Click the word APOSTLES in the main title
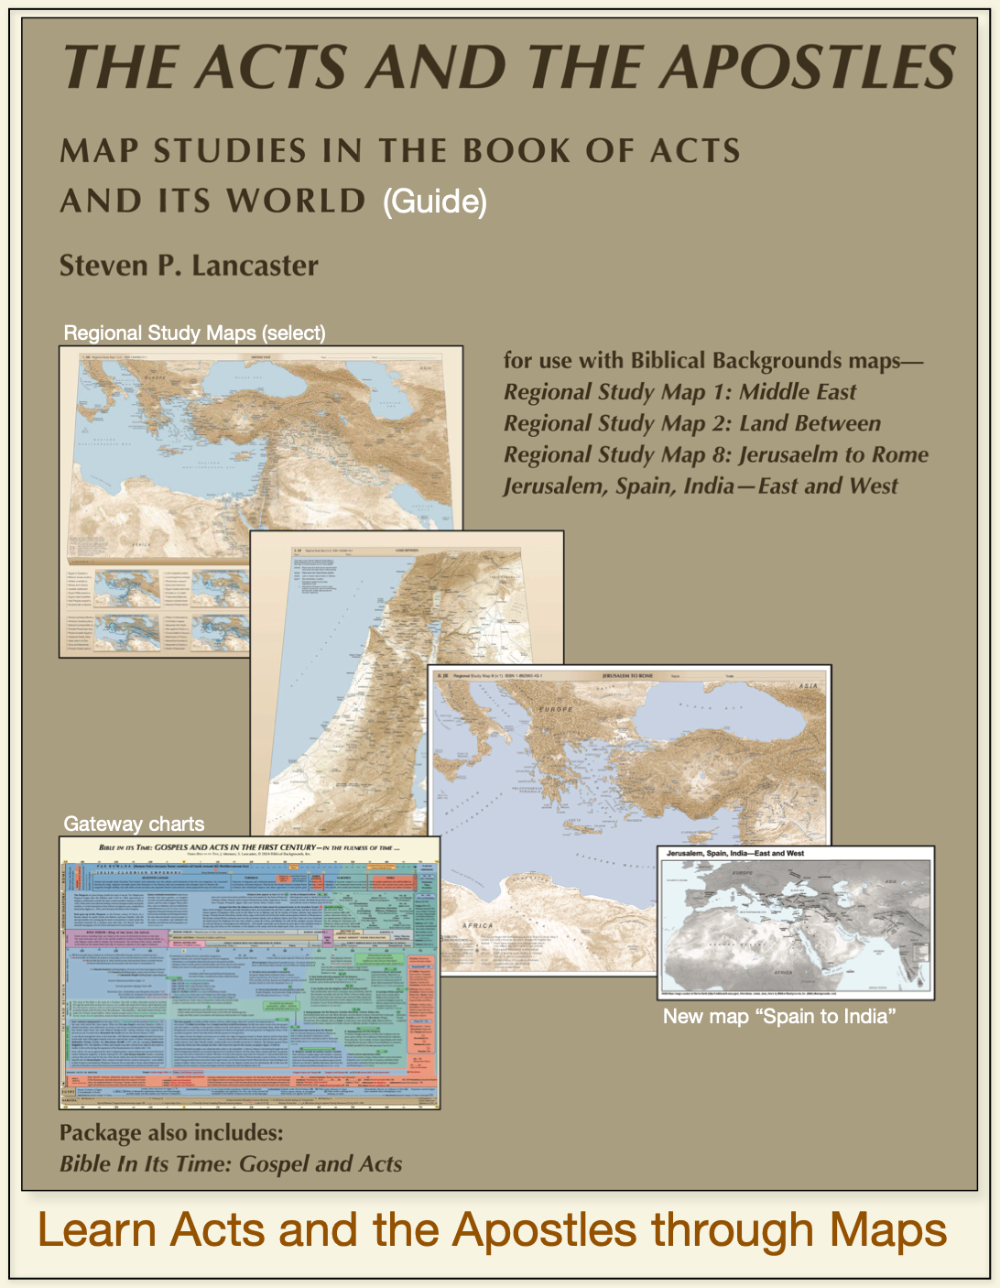coord(809,67)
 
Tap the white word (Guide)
coord(434,201)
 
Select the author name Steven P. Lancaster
coord(189,266)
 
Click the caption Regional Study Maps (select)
coord(194,333)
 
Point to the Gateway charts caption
coord(134,824)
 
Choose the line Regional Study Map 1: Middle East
coord(679,392)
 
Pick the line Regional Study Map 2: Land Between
coord(691,423)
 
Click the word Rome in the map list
coord(899,454)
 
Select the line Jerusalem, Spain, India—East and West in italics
coord(701,486)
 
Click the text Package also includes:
coord(171,1132)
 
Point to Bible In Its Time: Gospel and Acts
coord(231,1163)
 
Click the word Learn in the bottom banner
coord(96,1229)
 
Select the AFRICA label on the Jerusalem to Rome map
coord(477,926)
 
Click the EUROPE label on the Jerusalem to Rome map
coord(556,709)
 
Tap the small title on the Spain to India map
coord(734,853)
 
